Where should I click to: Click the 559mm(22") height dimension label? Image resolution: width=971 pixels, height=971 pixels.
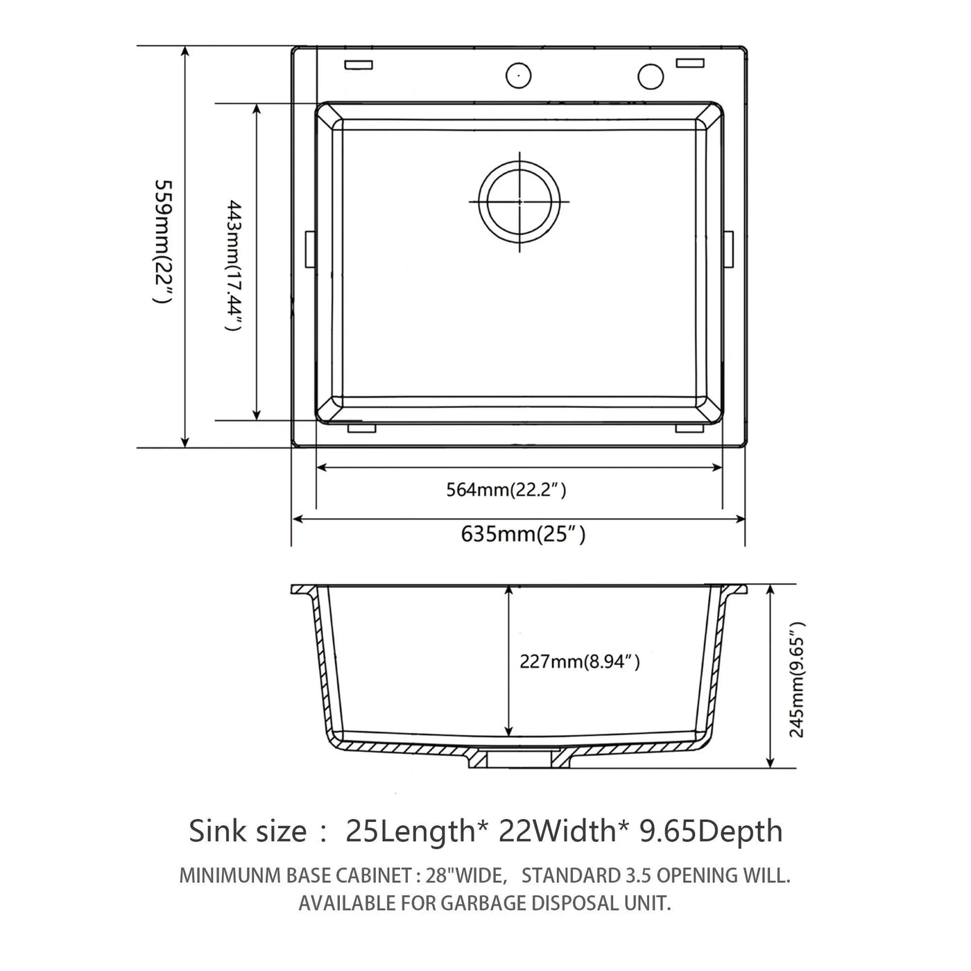click(x=164, y=241)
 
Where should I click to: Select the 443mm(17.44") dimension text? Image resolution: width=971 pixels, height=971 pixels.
click(x=234, y=266)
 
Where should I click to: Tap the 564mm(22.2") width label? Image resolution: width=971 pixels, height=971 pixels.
click(x=506, y=489)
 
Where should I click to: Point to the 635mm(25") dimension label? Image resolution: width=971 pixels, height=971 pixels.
click(x=523, y=534)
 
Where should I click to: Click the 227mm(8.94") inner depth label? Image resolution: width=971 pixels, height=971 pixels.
click(x=579, y=661)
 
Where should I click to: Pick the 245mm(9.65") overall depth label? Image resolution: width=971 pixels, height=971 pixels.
click(x=797, y=680)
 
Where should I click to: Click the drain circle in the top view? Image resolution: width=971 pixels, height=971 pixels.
click(x=519, y=201)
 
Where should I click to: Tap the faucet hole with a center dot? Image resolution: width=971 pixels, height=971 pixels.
click(x=519, y=76)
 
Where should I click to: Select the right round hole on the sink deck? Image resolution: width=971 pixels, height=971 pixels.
click(x=651, y=76)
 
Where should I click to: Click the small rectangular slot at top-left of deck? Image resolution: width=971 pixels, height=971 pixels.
click(x=359, y=65)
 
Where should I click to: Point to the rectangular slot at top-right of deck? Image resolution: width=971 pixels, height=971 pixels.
click(x=690, y=62)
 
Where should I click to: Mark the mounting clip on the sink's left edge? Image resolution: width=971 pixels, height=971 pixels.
click(x=311, y=250)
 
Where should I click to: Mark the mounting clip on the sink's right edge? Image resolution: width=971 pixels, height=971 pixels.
click(x=729, y=250)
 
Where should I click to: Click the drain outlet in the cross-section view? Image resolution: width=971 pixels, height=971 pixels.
click(x=519, y=758)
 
